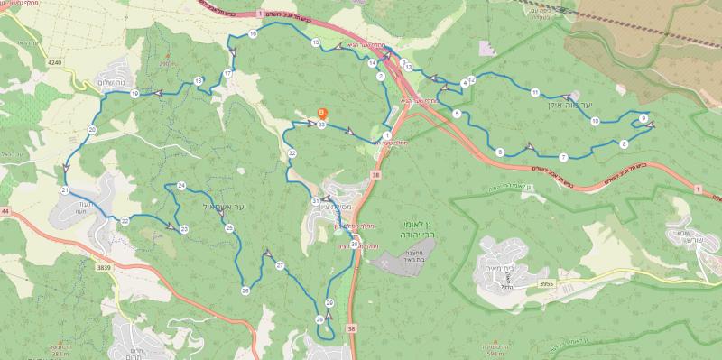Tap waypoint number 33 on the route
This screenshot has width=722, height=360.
click(321, 125)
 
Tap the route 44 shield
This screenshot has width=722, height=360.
click(5, 210)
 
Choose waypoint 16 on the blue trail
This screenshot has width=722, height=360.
click(253, 33)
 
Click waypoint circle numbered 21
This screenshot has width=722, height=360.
click(65, 191)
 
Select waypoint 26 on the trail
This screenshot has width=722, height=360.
click(245, 291)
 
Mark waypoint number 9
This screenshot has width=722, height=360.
click(643, 118)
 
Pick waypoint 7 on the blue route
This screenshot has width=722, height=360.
click(562, 157)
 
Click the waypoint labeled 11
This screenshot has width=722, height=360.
click(535, 93)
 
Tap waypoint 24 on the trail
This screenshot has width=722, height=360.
click(181, 186)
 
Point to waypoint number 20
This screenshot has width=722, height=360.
click(92, 130)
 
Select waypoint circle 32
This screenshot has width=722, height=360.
click(292, 154)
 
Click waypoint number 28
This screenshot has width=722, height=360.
click(319, 319)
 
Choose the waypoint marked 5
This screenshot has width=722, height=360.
click(458, 114)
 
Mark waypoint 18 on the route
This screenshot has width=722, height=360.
click(198, 81)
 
